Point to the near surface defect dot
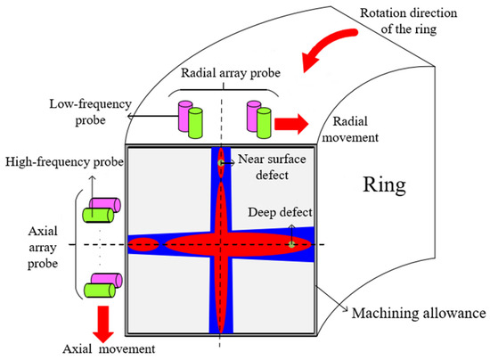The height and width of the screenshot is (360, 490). (x=220, y=162)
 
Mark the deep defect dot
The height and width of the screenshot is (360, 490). (x=290, y=241)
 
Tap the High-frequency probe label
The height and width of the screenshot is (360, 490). (x=57, y=162)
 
